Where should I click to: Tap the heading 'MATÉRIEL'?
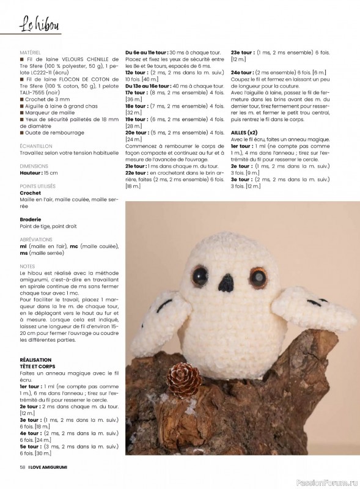point(30,53)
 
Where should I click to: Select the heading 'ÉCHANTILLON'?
point(36,147)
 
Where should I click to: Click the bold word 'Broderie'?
point(31,219)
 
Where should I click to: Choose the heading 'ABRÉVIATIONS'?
point(36,240)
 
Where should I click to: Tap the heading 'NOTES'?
point(28,267)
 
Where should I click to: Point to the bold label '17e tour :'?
point(138,92)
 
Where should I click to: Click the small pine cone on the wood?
point(184,379)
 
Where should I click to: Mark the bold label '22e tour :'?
point(138,173)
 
